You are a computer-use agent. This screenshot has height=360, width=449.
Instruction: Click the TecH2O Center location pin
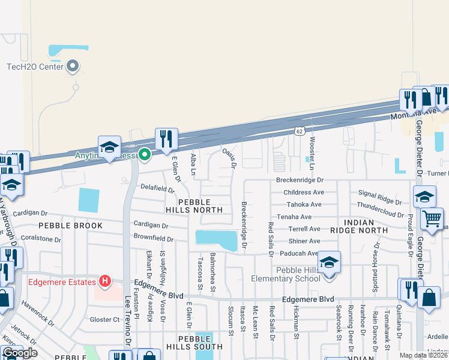[73, 66]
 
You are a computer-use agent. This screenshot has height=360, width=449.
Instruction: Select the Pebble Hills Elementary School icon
[329, 262]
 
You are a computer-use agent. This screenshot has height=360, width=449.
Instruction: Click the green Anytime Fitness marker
[144, 155]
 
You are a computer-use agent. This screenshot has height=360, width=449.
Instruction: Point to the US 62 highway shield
[300, 130]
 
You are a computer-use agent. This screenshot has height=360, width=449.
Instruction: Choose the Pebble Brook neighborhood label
[71, 226]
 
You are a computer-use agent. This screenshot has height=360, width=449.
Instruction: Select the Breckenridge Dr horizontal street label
[300, 180]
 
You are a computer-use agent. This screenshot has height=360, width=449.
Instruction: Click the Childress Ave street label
[304, 193]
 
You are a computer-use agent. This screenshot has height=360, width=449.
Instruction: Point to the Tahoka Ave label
[304, 205]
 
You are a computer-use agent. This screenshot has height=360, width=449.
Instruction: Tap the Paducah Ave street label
[302, 253]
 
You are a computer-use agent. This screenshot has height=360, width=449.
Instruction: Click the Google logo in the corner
[19, 352]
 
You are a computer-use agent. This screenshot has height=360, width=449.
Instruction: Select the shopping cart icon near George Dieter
[432, 218]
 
